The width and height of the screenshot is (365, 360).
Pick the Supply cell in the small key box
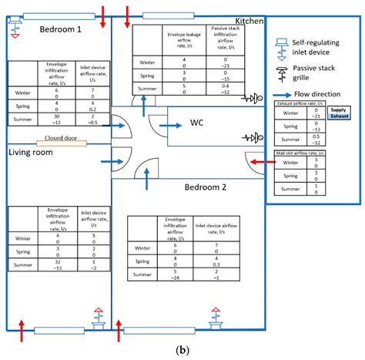(x=339, y=110)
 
